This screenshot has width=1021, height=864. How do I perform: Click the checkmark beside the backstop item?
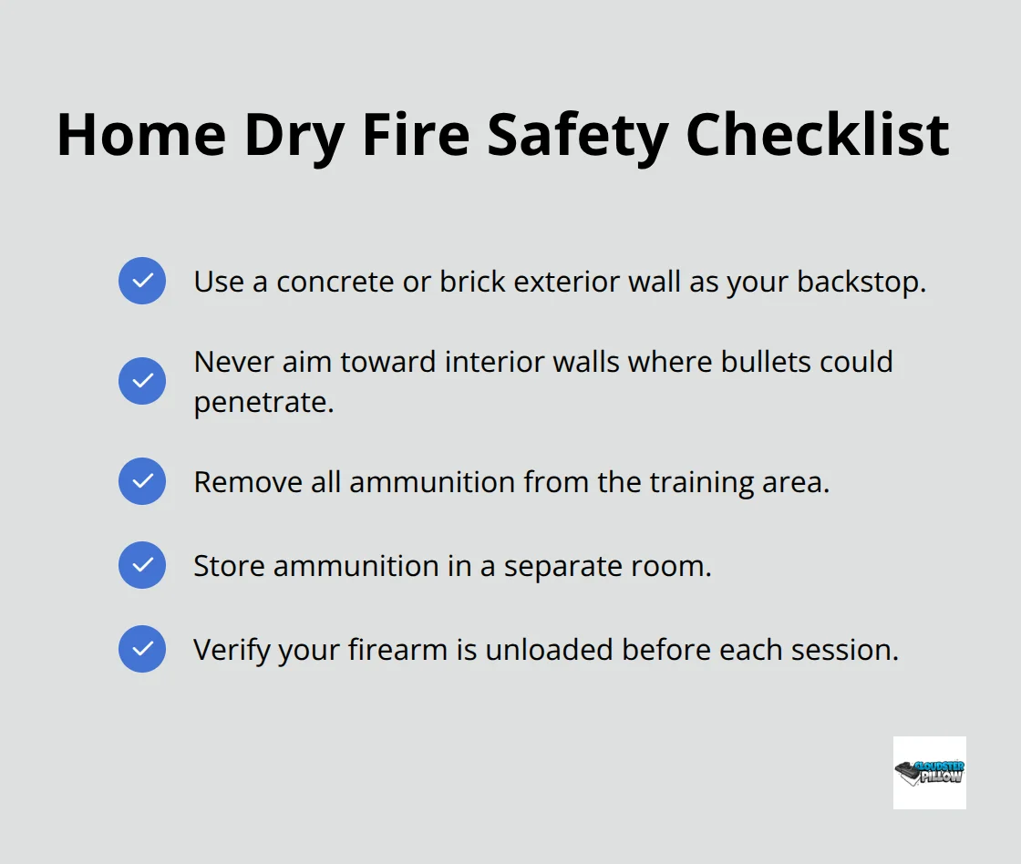(x=142, y=281)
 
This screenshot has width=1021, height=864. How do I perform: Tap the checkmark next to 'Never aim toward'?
(x=142, y=381)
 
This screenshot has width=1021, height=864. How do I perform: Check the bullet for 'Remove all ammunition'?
(x=142, y=481)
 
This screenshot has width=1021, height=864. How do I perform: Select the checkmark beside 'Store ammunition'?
(x=142, y=565)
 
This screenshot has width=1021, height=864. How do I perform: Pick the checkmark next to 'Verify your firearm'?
(x=142, y=649)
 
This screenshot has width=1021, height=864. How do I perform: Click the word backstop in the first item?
(x=861, y=282)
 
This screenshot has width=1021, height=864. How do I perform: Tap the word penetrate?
(x=263, y=402)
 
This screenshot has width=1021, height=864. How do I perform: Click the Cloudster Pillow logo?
(x=929, y=773)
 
